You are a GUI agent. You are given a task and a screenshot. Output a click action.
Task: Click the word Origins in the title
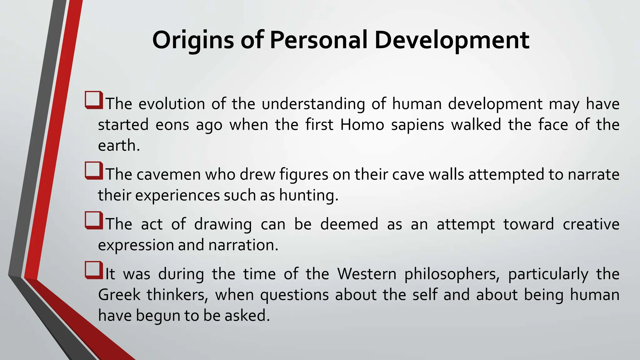pos(193,41)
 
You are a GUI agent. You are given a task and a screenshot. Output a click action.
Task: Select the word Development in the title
pos(452,41)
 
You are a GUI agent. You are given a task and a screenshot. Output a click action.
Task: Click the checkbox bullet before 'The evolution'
pos(93,100)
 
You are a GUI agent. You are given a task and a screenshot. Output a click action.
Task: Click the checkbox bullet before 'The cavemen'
pos(93,171)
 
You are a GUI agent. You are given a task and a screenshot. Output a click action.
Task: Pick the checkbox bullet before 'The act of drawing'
pos(93,220)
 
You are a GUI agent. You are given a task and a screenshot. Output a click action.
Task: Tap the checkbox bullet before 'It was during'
pos(93,270)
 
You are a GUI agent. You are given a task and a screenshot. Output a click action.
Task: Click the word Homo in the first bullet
pos(362,125)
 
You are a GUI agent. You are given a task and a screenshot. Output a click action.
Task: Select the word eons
pos(172,125)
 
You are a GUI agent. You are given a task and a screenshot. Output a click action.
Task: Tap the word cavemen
pos(169,174)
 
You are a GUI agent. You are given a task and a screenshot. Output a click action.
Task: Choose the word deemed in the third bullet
pos(349,224)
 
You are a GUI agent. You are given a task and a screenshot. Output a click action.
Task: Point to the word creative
pos(591,224)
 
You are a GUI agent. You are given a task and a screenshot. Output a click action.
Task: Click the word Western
pos(367,274)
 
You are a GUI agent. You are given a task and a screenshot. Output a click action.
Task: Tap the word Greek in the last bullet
pos(119,295)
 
